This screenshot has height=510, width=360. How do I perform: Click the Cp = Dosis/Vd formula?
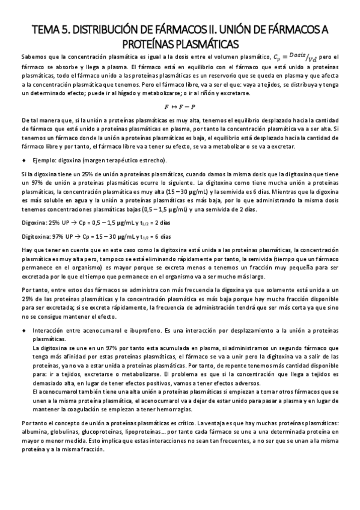point(293,57)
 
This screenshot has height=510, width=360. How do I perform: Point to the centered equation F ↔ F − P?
point(180,106)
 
